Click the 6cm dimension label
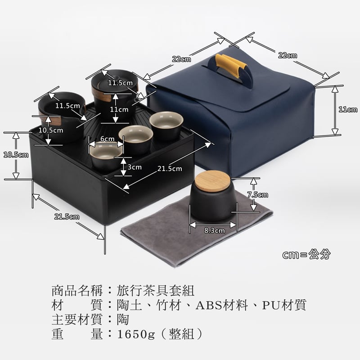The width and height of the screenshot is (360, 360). (107, 139)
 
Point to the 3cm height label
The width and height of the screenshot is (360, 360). (135, 167)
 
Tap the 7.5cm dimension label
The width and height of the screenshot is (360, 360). (257, 195)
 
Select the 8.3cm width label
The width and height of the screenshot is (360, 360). (214, 230)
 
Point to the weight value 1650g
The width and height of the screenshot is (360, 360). (135, 334)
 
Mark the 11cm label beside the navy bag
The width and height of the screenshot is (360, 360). (347, 109)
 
